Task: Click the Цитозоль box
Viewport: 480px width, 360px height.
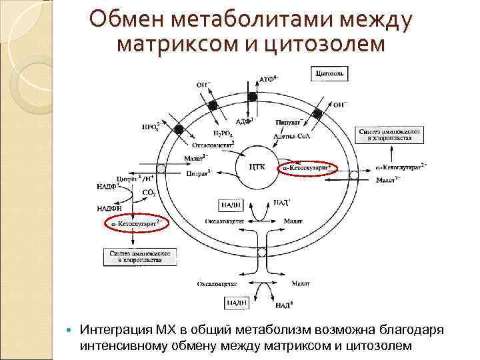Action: tap(330, 73)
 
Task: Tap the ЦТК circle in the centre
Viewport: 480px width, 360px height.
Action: tap(256, 167)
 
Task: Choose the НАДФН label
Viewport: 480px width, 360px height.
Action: tap(109, 208)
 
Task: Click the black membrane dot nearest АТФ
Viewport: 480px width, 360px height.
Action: tap(253, 97)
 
